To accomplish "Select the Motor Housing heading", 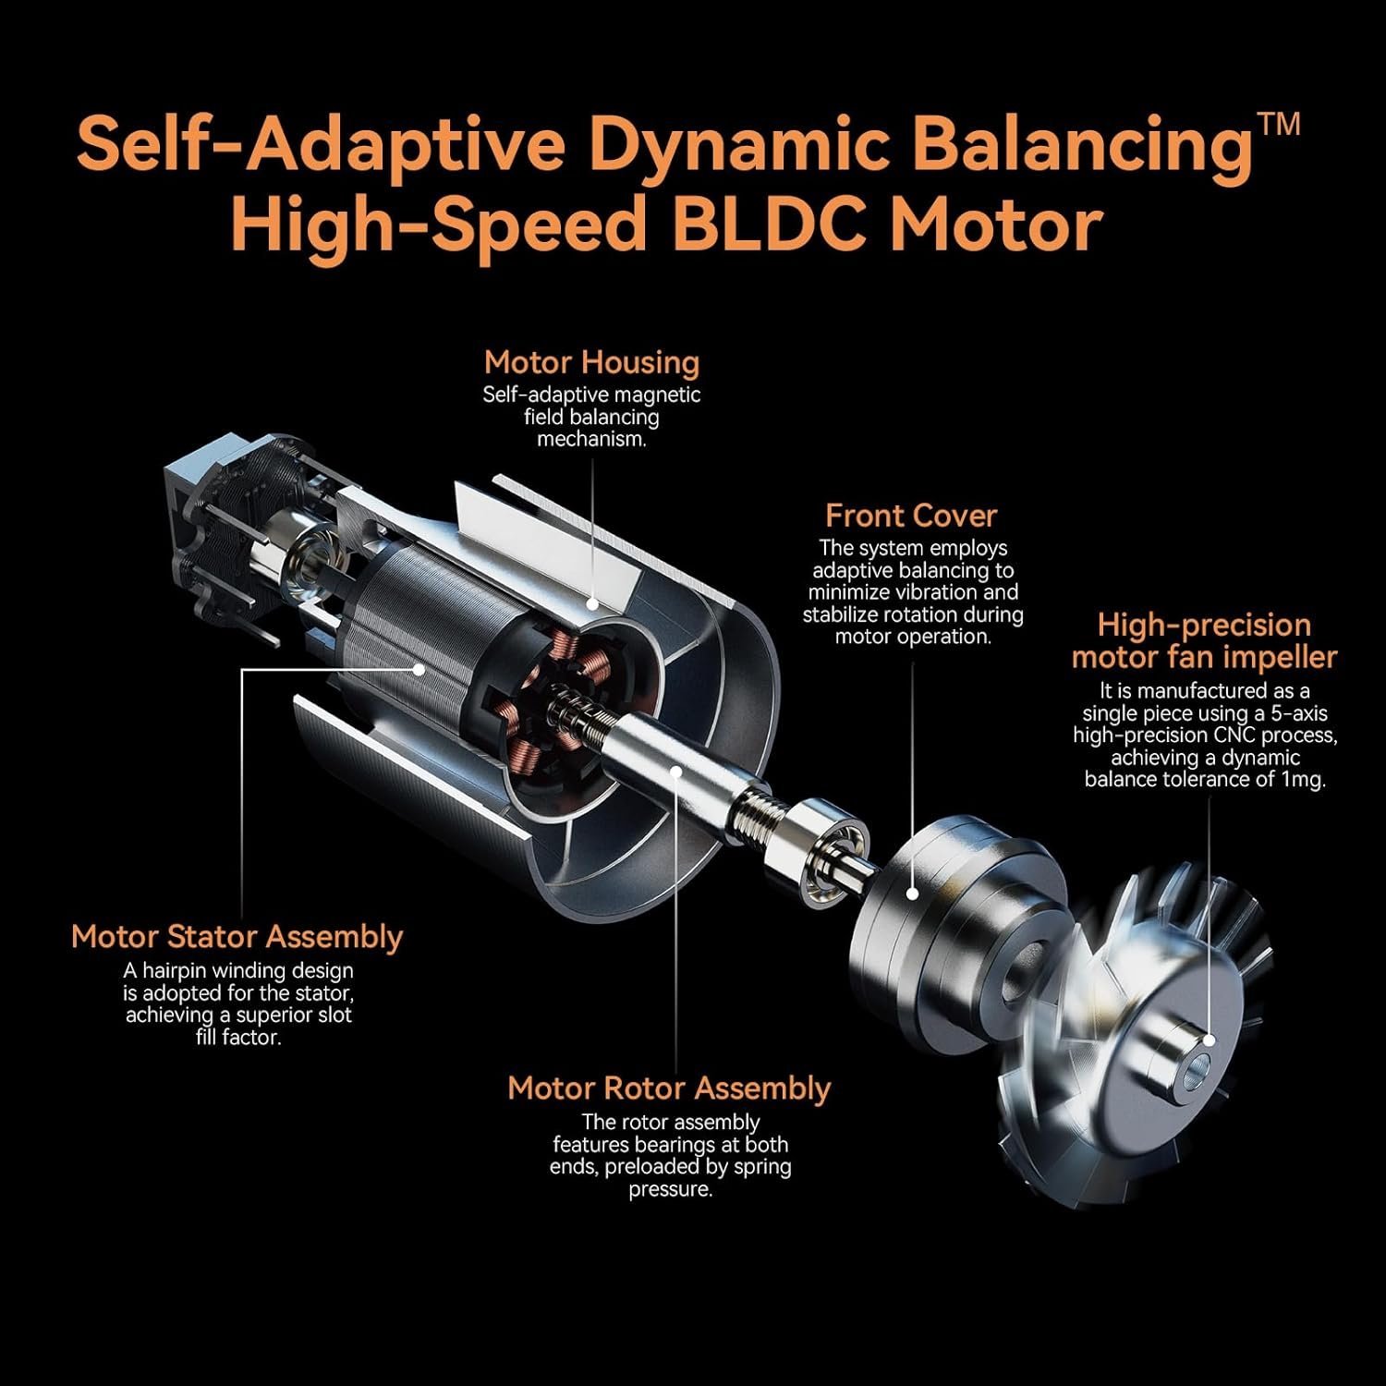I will point(591,362).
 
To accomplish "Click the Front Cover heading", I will point(911,516).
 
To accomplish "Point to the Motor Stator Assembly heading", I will point(237,937).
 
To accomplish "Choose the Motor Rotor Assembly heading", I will point(669,1088).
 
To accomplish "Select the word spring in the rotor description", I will point(762,1167).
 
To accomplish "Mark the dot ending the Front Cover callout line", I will point(912,894).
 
